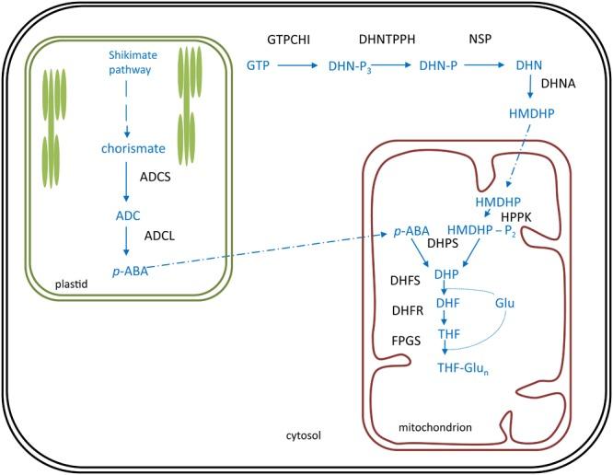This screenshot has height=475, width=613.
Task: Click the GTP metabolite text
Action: tap(259, 65)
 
